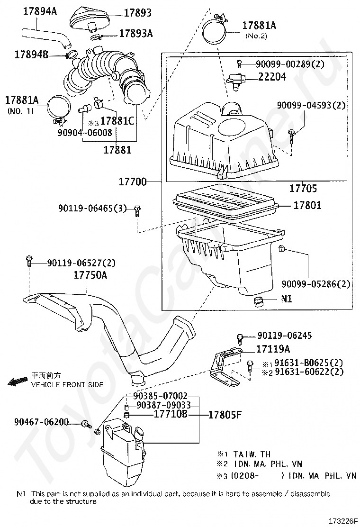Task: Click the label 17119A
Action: (273, 349)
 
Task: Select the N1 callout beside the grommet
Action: (287, 299)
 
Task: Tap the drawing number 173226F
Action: (343, 520)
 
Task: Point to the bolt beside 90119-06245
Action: (240, 337)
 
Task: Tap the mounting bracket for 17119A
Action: (225, 363)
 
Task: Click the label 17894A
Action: (40, 10)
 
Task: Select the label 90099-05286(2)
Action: (316, 284)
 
